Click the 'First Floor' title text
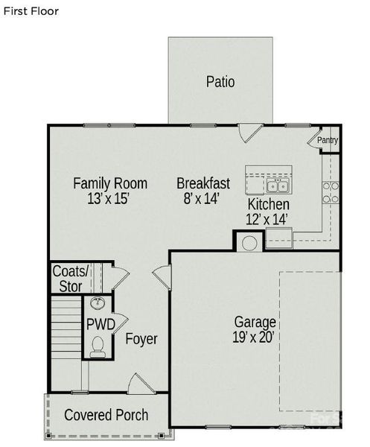click(x=31, y=12)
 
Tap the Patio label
click(x=220, y=82)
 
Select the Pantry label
click(x=328, y=140)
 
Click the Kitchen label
click(x=269, y=204)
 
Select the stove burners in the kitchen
click(x=331, y=193)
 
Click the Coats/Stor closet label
click(x=70, y=277)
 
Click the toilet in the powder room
click(x=98, y=346)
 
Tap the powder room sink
click(x=98, y=304)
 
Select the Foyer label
click(x=141, y=340)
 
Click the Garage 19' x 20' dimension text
click(x=255, y=330)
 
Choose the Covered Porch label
click(x=106, y=415)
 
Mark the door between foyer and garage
click(x=162, y=281)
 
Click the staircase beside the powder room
click(x=65, y=329)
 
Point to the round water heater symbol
click(x=250, y=242)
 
